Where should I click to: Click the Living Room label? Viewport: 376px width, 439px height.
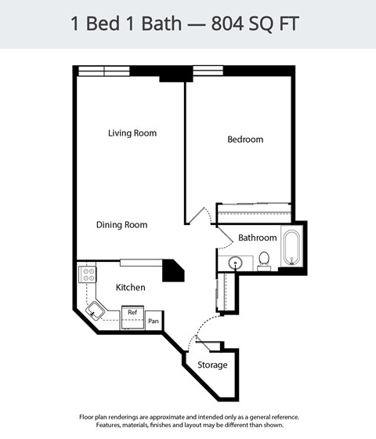[x=132, y=133]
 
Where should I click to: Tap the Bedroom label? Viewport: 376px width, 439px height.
[x=245, y=140]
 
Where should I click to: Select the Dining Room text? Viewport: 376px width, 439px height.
[x=121, y=225]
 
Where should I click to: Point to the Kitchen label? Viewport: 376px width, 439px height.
[x=130, y=288]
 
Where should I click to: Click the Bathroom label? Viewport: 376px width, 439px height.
[x=257, y=238]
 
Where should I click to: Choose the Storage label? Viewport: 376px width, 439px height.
[x=212, y=365]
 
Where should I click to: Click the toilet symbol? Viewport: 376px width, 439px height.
[x=264, y=259]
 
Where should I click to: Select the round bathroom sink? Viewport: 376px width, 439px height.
[x=235, y=263]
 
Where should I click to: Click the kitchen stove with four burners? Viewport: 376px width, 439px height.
[x=88, y=274]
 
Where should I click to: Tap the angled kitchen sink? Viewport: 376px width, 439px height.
[x=96, y=310]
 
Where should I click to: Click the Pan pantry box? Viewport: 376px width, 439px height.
[x=154, y=321]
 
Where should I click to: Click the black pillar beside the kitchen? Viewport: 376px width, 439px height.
[x=172, y=270]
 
